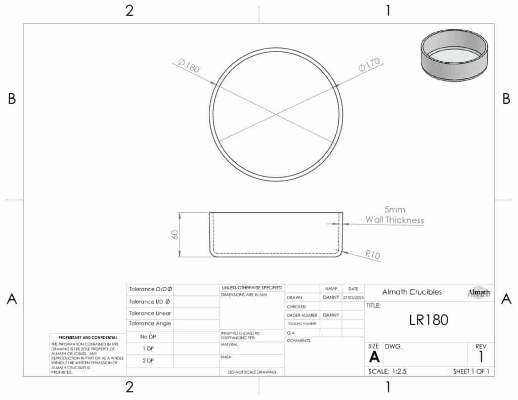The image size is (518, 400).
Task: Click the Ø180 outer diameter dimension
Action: (x=189, y=66)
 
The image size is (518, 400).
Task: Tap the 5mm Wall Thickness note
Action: (x=395, y=215)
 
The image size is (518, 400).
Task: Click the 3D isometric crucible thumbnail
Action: (x=454, y=54)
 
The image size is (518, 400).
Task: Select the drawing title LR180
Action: (x=428, y=320)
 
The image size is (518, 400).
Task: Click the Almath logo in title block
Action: (x=479, y=293)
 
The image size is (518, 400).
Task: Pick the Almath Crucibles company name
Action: (x=412, y=292)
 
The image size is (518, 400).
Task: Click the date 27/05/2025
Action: (x=353, y=298)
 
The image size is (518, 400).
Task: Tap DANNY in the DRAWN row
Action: (x=331, y=298)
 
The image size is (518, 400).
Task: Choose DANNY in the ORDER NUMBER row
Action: (x=331, y=315)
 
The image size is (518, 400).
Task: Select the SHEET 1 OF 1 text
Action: (x=470, y=371)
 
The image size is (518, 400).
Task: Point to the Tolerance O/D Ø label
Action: (x=150, y=289)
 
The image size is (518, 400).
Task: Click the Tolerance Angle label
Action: (x=150, y=324)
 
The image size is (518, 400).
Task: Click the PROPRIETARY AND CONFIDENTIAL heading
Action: (x=88, y=337)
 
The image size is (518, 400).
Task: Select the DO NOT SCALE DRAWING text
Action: (x=252, y=372)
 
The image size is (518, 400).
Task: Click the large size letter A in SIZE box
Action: (x=374, y=357)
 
